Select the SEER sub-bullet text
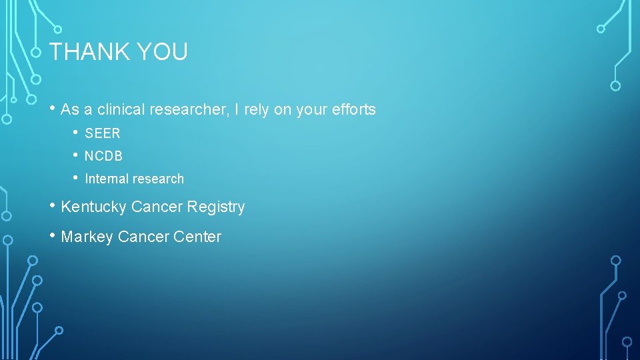coord(103,133)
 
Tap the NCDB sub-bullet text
coord(103,156)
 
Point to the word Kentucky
coord(93,207)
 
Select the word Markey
coord(87,237)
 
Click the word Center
coord(198,237)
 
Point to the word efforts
coord(354,110)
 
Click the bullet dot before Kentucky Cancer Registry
coord(53,206)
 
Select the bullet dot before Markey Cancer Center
coord(53,235)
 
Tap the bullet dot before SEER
coord(77,132)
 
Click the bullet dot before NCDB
coord(77,155)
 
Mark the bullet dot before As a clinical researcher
coord(53,109)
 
